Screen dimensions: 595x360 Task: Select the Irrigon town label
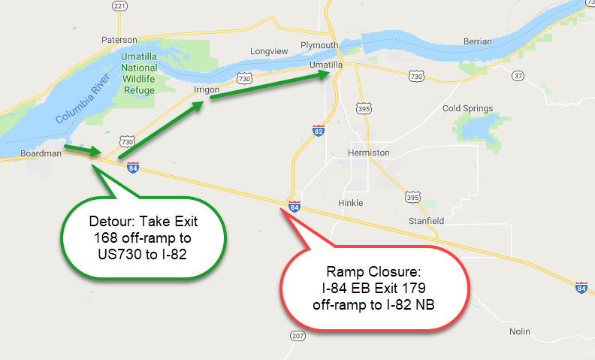[x=206, y=89]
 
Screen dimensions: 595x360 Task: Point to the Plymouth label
[x=320, y=45]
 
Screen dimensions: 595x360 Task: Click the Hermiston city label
[x=369, y=153]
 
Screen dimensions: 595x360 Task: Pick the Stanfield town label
[x=425, y=221]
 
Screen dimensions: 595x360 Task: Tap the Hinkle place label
[x=351, y=203]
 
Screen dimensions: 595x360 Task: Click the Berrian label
[x=478, y=41]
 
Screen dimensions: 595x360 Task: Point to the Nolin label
[x=518, y=331]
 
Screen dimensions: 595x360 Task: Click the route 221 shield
[x=118, y=6]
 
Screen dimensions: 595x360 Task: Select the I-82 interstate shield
[x=319, y=131]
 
